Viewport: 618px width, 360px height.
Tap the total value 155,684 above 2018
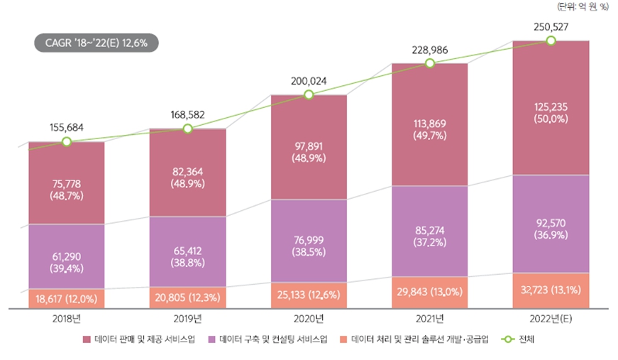[x=67, y=128]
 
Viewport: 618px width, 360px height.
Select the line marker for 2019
[x=187, y=129]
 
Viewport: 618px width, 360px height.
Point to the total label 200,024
[x=308, y=81]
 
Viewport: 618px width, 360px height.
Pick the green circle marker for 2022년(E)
[x=551, y=41]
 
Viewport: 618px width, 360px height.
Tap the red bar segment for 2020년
[x=308, y=147]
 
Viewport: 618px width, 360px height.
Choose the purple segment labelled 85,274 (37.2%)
[x=429, y=231]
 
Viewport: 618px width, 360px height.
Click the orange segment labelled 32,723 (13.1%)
[x=551, y=291]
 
